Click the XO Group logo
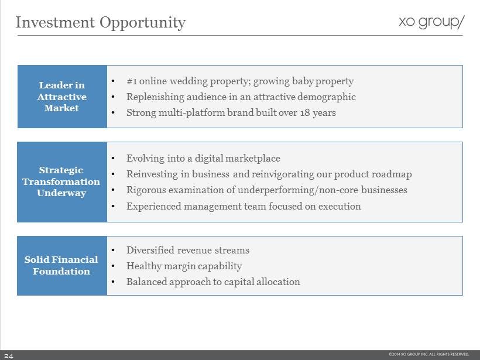[x=431, y=22]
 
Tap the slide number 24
[x=9, y=356]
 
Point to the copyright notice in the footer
[x=428, y=354]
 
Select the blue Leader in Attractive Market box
[x=62, y=97]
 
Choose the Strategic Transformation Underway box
[x=62, y=182]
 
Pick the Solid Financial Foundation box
[x=62, y=265]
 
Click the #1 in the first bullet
[x=132, y=81]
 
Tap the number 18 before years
[x=305, y=113]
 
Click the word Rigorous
[x=146, y=190]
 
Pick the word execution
[x=340, y=206]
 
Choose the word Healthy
[x=144, y=266]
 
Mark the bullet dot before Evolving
[x=113, y=159]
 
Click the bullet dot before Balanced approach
[x=113, y=282]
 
